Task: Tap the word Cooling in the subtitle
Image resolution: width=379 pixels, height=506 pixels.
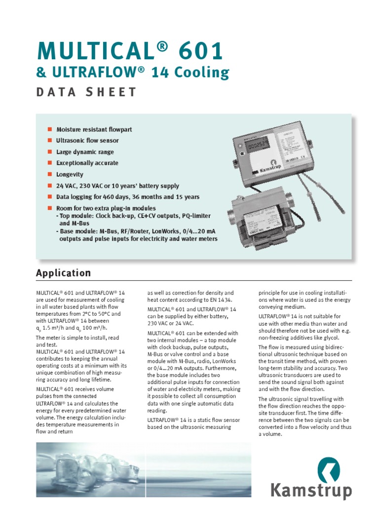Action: (x=204, y=73)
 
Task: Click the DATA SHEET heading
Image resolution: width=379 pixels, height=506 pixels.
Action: (x=86, y=92)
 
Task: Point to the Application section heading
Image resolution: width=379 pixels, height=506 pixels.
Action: (x=63, y=273)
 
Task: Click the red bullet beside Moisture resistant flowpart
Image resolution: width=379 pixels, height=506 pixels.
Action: (x=49, y=129)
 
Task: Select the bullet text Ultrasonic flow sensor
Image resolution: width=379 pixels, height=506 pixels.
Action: (x=87, y=141)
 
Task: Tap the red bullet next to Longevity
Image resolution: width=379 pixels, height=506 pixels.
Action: (x=49, y=174)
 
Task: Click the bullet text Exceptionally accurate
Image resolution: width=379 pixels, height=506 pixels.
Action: (x=87, y=163)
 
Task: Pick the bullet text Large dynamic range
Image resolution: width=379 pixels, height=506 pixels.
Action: (x=85, y=152)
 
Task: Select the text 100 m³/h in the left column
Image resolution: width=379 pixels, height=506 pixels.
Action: (x=94, y=328)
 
